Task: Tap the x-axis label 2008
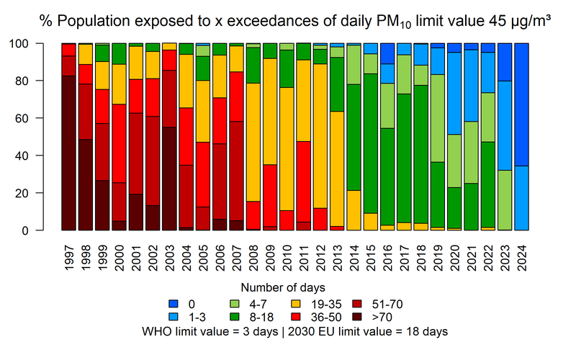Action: pyautogui.click(x=254, y=255)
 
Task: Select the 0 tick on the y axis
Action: pyautogui.click(x=42, y=230)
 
